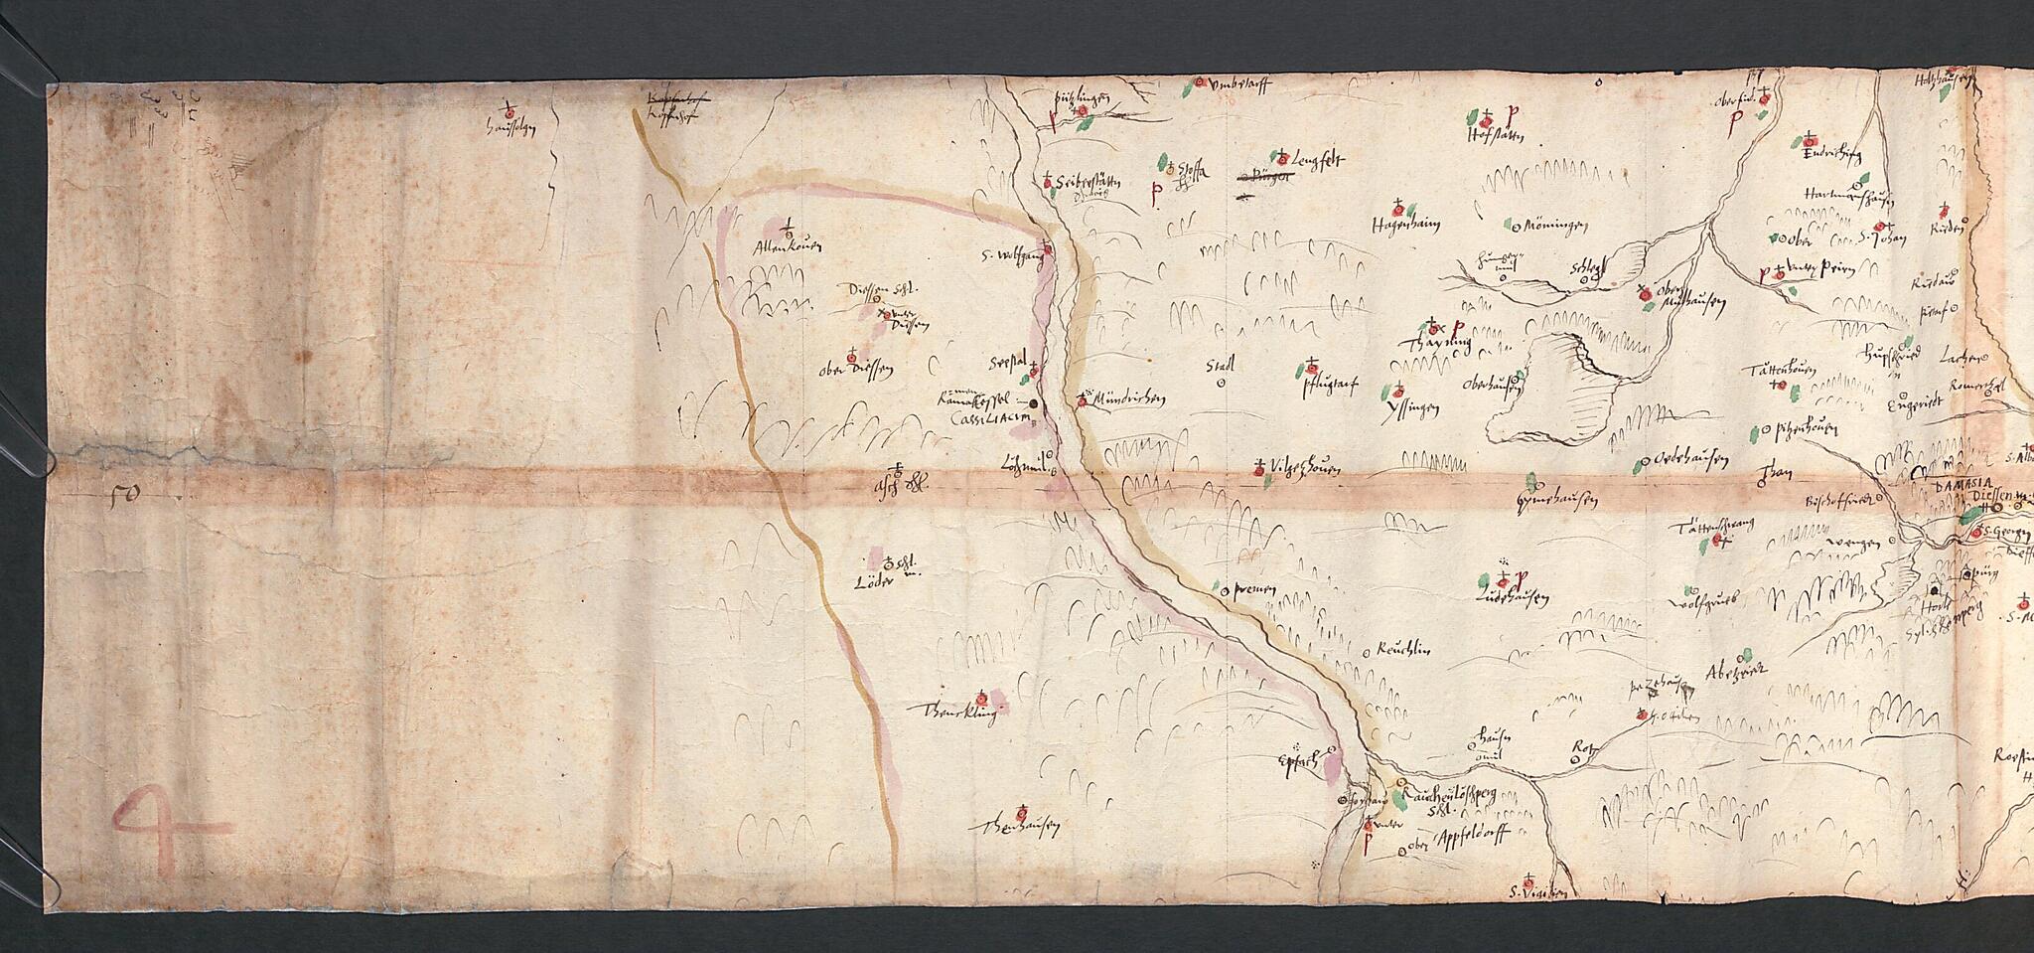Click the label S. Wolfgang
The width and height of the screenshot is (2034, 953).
(1008, 256)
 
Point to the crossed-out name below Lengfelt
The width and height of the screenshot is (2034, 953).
(1268, 178)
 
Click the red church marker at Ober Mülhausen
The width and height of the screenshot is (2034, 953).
(1645, 295)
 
